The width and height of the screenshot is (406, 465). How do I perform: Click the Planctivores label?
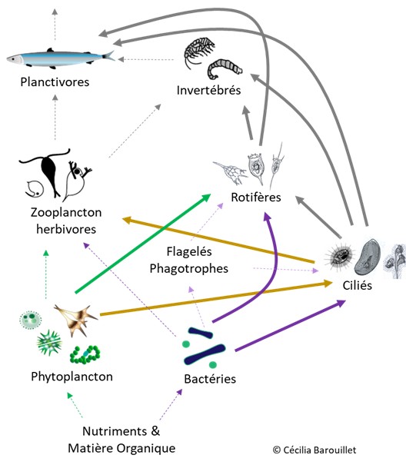tap(55, 81)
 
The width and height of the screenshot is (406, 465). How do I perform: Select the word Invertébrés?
tap(208, 91)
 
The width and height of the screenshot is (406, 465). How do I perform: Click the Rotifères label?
tap(256, 198)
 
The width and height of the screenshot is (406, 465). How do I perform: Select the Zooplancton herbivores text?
tap(67, 221)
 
